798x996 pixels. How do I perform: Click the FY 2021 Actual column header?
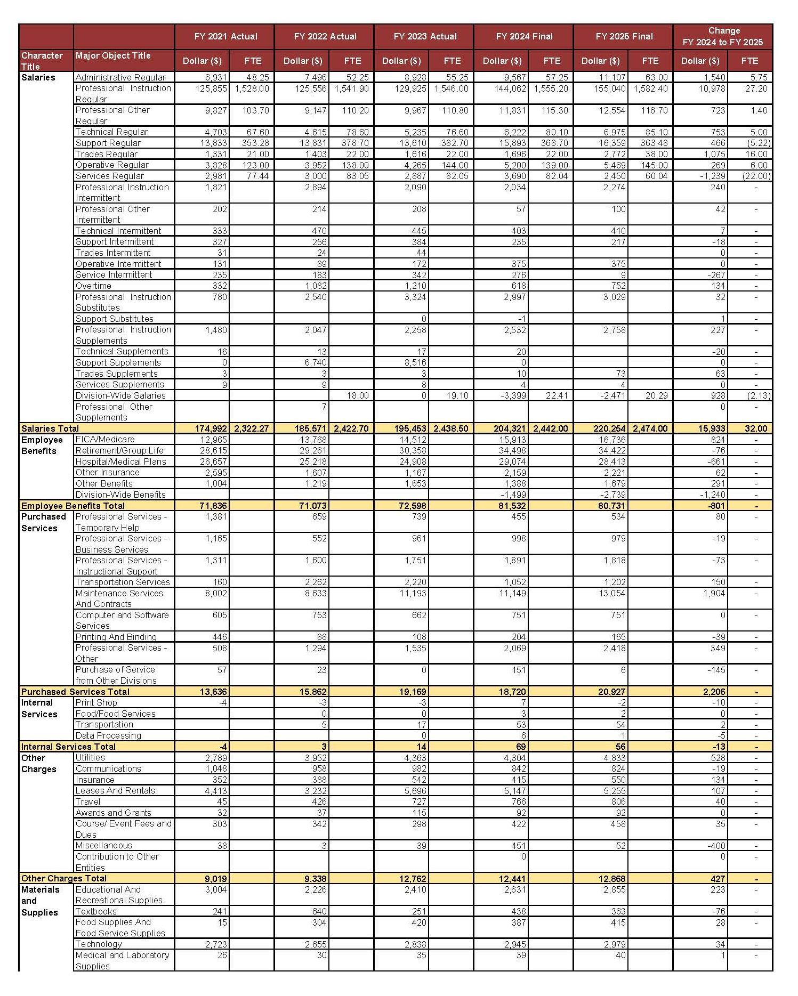coord(225,37)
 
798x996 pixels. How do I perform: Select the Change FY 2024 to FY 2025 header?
coord(723,36)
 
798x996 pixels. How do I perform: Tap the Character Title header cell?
coord(42,61)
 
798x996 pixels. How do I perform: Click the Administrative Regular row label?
coord(120,78)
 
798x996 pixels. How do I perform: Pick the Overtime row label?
coord(93,286)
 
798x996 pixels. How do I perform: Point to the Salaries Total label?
coord(50,428)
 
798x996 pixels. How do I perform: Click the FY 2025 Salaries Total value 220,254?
coord(607,428)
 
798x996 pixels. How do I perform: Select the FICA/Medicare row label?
coord(105,440)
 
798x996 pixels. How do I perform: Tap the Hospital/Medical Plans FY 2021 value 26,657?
coord(213,461)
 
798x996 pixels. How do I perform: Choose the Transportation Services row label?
coord(123,582)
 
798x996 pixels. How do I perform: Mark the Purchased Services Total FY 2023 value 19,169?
coord(413,692)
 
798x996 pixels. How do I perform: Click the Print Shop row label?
coord(96,703)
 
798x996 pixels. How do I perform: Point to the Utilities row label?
coord(90,758)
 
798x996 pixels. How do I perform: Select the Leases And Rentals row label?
coord(115,791)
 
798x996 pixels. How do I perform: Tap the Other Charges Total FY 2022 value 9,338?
coord(315,879)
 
